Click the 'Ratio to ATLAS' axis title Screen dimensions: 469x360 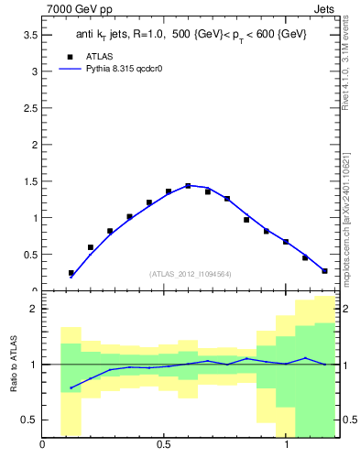point(14,365)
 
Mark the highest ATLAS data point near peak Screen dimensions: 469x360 point(188,186)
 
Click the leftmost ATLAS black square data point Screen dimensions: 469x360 point(71,273)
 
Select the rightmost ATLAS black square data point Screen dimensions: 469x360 point(324,271)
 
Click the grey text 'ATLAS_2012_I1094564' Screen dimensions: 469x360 point(190,273)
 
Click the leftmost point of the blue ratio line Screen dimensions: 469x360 point(71,388)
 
